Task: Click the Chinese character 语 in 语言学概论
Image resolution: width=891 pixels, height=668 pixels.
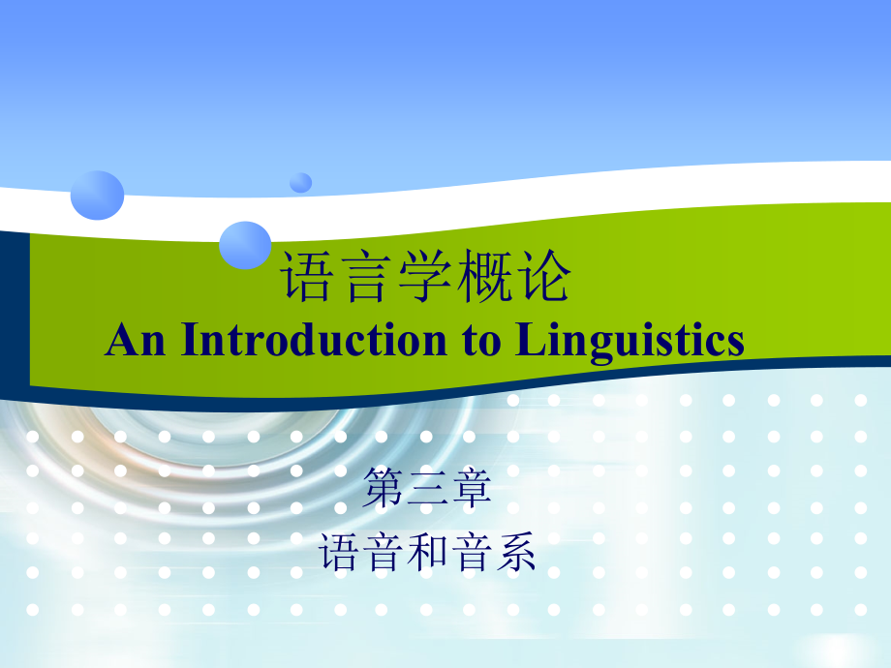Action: click(x=307, y=278)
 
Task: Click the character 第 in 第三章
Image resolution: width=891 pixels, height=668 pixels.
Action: click(x=384, y=490)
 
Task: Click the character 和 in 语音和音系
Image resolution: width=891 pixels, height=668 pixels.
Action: click(x=427, y=554)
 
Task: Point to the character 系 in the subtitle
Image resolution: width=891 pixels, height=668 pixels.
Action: click(x=514, y=554)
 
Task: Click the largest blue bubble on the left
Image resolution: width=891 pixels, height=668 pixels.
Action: click(x=97, y=194)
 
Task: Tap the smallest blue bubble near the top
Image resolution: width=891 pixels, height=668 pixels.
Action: click(x=301, y=182)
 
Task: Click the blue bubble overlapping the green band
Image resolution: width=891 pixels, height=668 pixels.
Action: click(x=245, y=244)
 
